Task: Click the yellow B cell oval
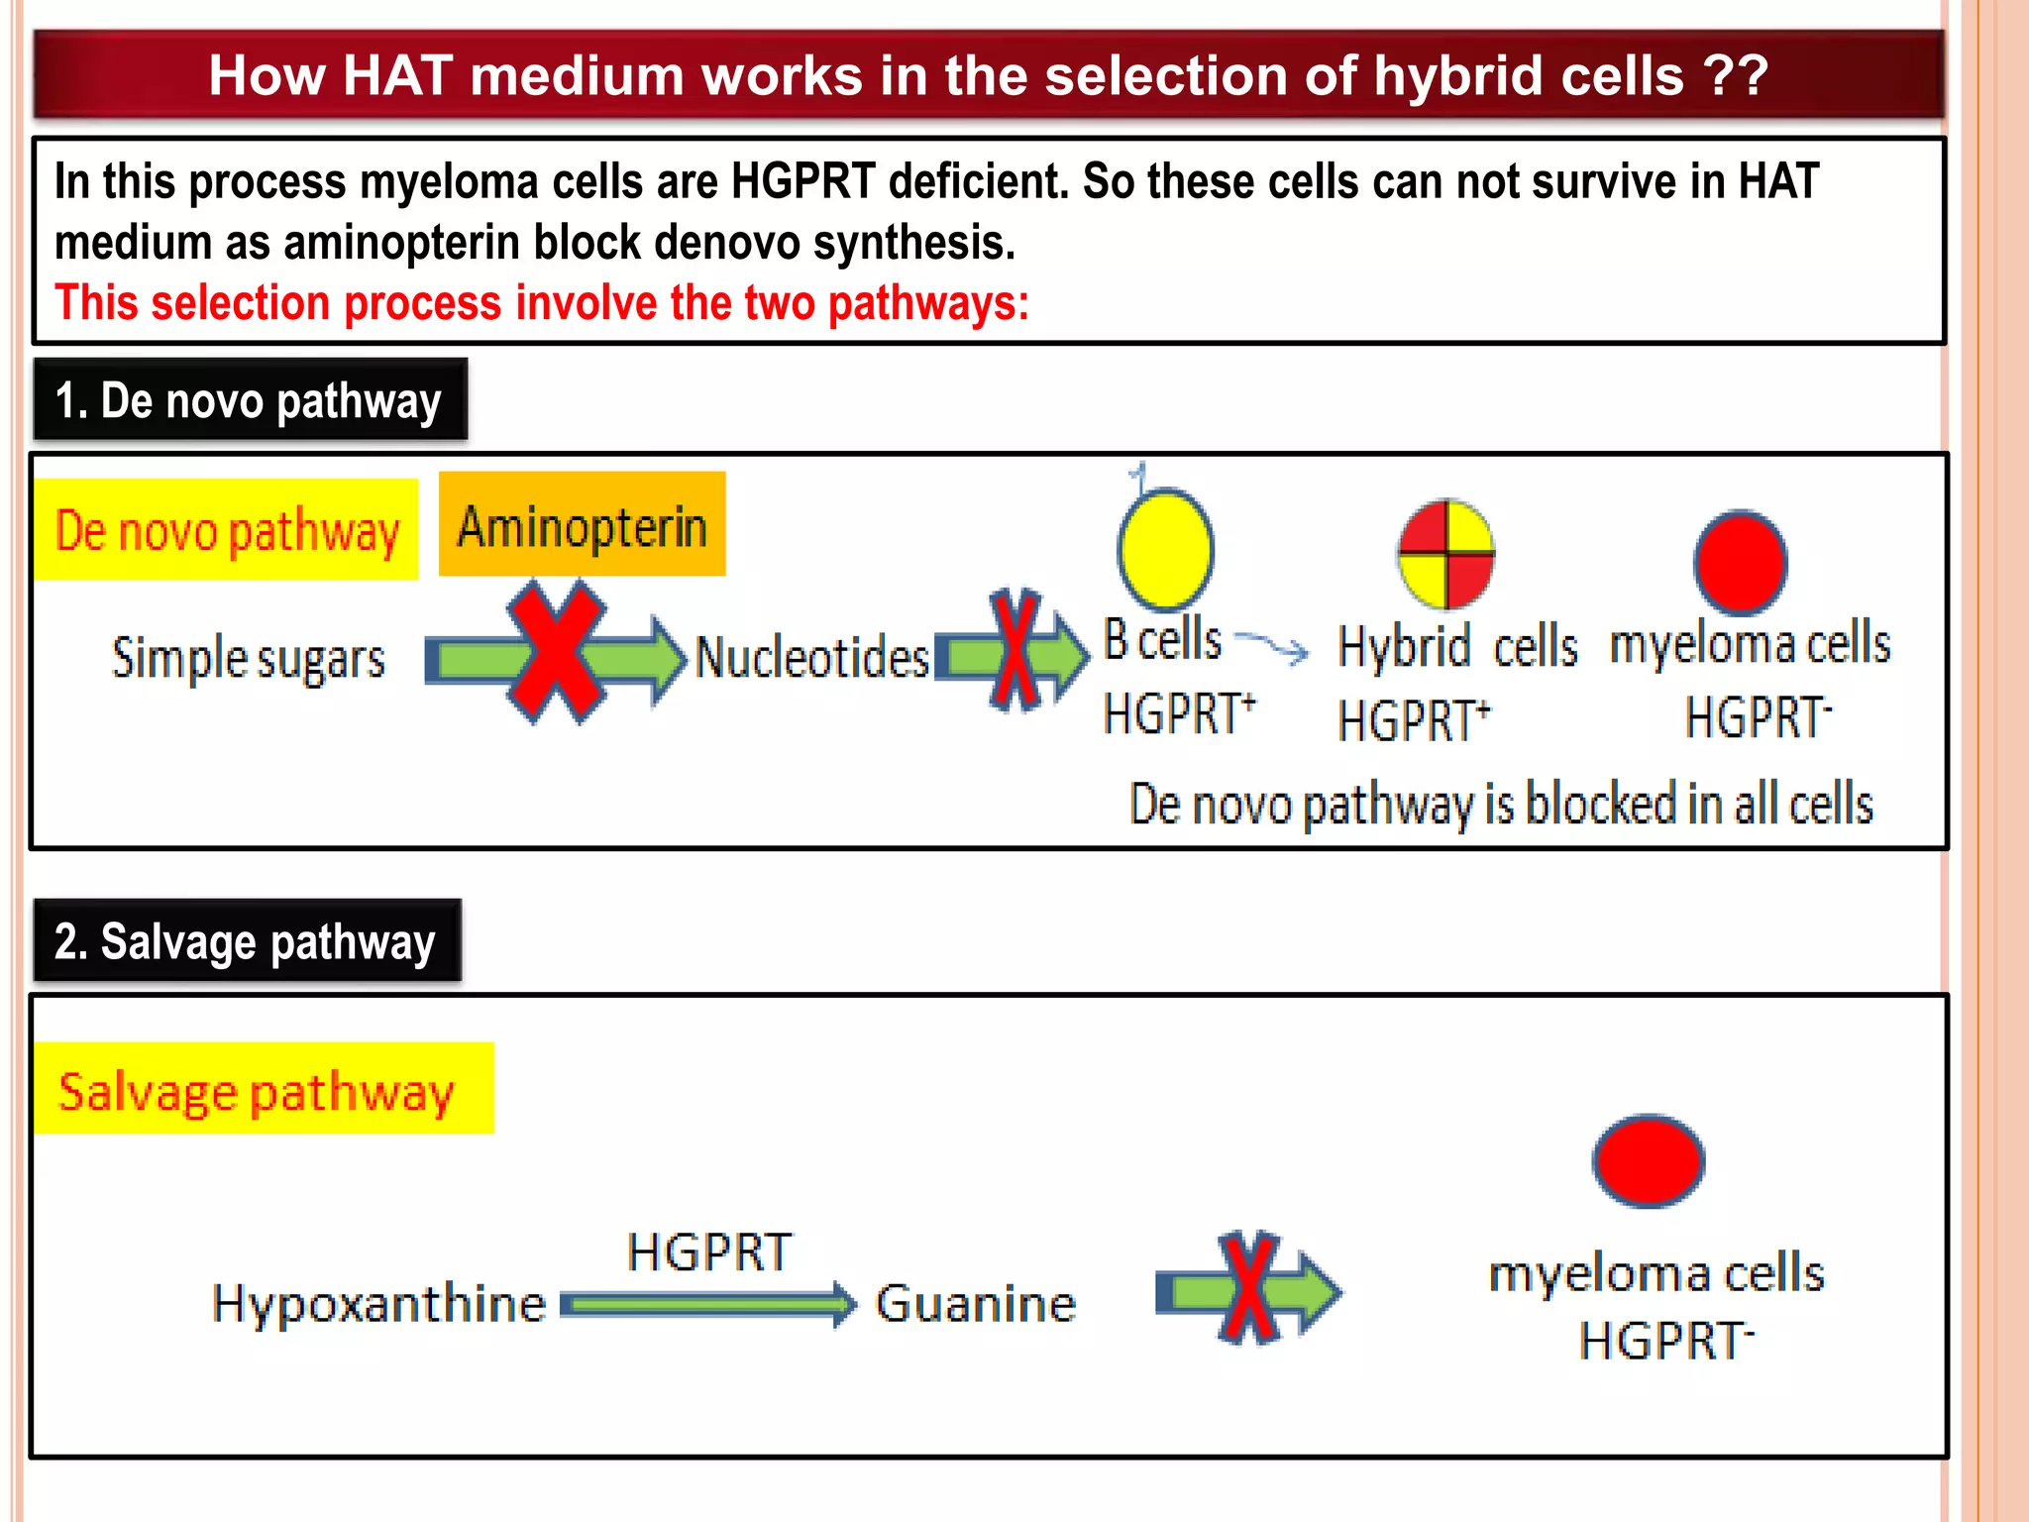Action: click(x=1166, y=548)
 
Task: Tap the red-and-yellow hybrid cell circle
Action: click(x=1446, y=554)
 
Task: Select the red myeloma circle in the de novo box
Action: click(x=1740, y=562)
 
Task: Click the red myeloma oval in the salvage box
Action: click(x=1649, y=1161)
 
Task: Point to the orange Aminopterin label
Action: click(x=583, y=524)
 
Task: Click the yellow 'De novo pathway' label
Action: click(x=227, y=530)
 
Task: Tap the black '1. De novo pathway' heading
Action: click(x=250, y=400)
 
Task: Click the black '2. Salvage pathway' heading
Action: click(x=247, y=940)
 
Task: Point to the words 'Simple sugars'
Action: click(x=249, y=659)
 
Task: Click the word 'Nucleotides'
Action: click(x=812, y=657)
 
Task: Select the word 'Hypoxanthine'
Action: click(x=378, y=1303)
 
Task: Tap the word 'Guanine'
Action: click(x=976, y=1303)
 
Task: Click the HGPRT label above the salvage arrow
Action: click(x=709, y=1252)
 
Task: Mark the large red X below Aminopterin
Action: click(x=555, y=652)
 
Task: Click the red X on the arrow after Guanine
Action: click(x=1248, y=1288)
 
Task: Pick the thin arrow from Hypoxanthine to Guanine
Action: click(x=708, y=1304)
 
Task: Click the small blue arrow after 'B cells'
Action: click(x=1274, y=646)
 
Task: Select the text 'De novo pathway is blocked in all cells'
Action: click(x=1501, y=804)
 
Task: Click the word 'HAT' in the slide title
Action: click(x=397, y=75)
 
